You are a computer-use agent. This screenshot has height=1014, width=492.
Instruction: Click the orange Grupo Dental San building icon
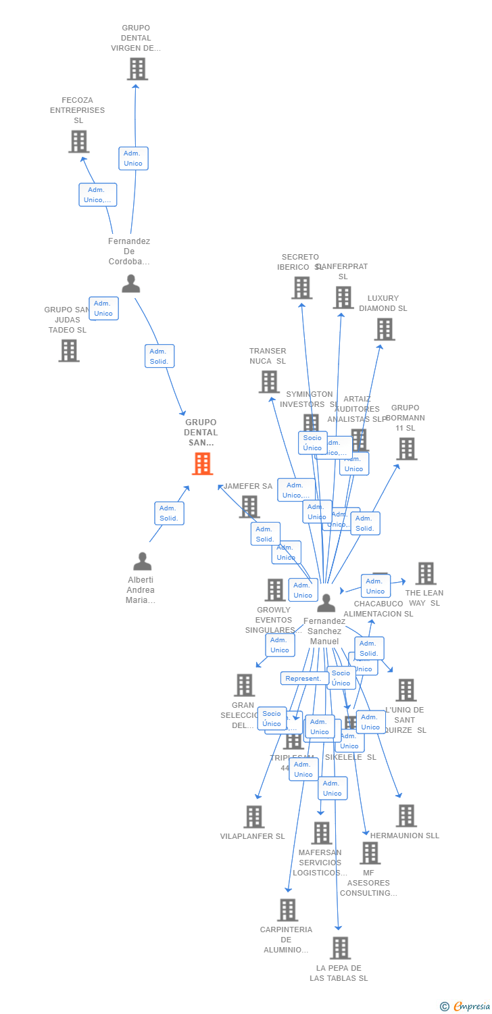coord(202,464)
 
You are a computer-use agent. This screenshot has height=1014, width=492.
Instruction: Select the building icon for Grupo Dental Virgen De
coord(137,69)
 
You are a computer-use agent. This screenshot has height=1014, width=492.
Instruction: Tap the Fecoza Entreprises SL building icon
coord(79,141)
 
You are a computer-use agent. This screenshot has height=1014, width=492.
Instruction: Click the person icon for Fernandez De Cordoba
coord(130,284)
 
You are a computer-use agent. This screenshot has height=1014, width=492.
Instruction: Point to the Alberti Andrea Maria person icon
coord(142,562)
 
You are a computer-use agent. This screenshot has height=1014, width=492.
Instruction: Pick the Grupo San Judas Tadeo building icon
coord(69,351)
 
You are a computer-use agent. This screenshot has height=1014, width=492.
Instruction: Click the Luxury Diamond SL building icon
coord(385,329)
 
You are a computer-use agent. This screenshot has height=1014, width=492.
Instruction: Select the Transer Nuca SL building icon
coord(269,382)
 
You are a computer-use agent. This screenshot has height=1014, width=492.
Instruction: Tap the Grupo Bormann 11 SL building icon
coord(406,449)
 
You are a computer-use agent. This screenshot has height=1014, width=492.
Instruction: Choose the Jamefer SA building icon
coord(249,506)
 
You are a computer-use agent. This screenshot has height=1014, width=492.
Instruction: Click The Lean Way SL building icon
coord(425,573)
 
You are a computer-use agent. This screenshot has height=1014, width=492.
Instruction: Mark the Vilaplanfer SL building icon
coord(253,817)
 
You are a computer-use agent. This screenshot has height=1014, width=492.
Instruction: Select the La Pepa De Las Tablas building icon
coord(340,948)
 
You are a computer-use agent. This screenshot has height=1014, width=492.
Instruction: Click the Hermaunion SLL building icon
coord(405,816)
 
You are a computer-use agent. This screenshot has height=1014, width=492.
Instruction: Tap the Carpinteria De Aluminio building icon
coord(287,910)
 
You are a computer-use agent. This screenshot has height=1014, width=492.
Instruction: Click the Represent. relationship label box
coord(303,678)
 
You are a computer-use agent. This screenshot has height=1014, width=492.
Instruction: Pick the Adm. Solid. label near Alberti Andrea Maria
coord(169,513)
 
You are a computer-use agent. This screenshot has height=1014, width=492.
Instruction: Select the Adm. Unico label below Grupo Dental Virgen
coord(133,158)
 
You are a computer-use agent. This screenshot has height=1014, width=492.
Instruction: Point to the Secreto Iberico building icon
coord(301,288)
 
